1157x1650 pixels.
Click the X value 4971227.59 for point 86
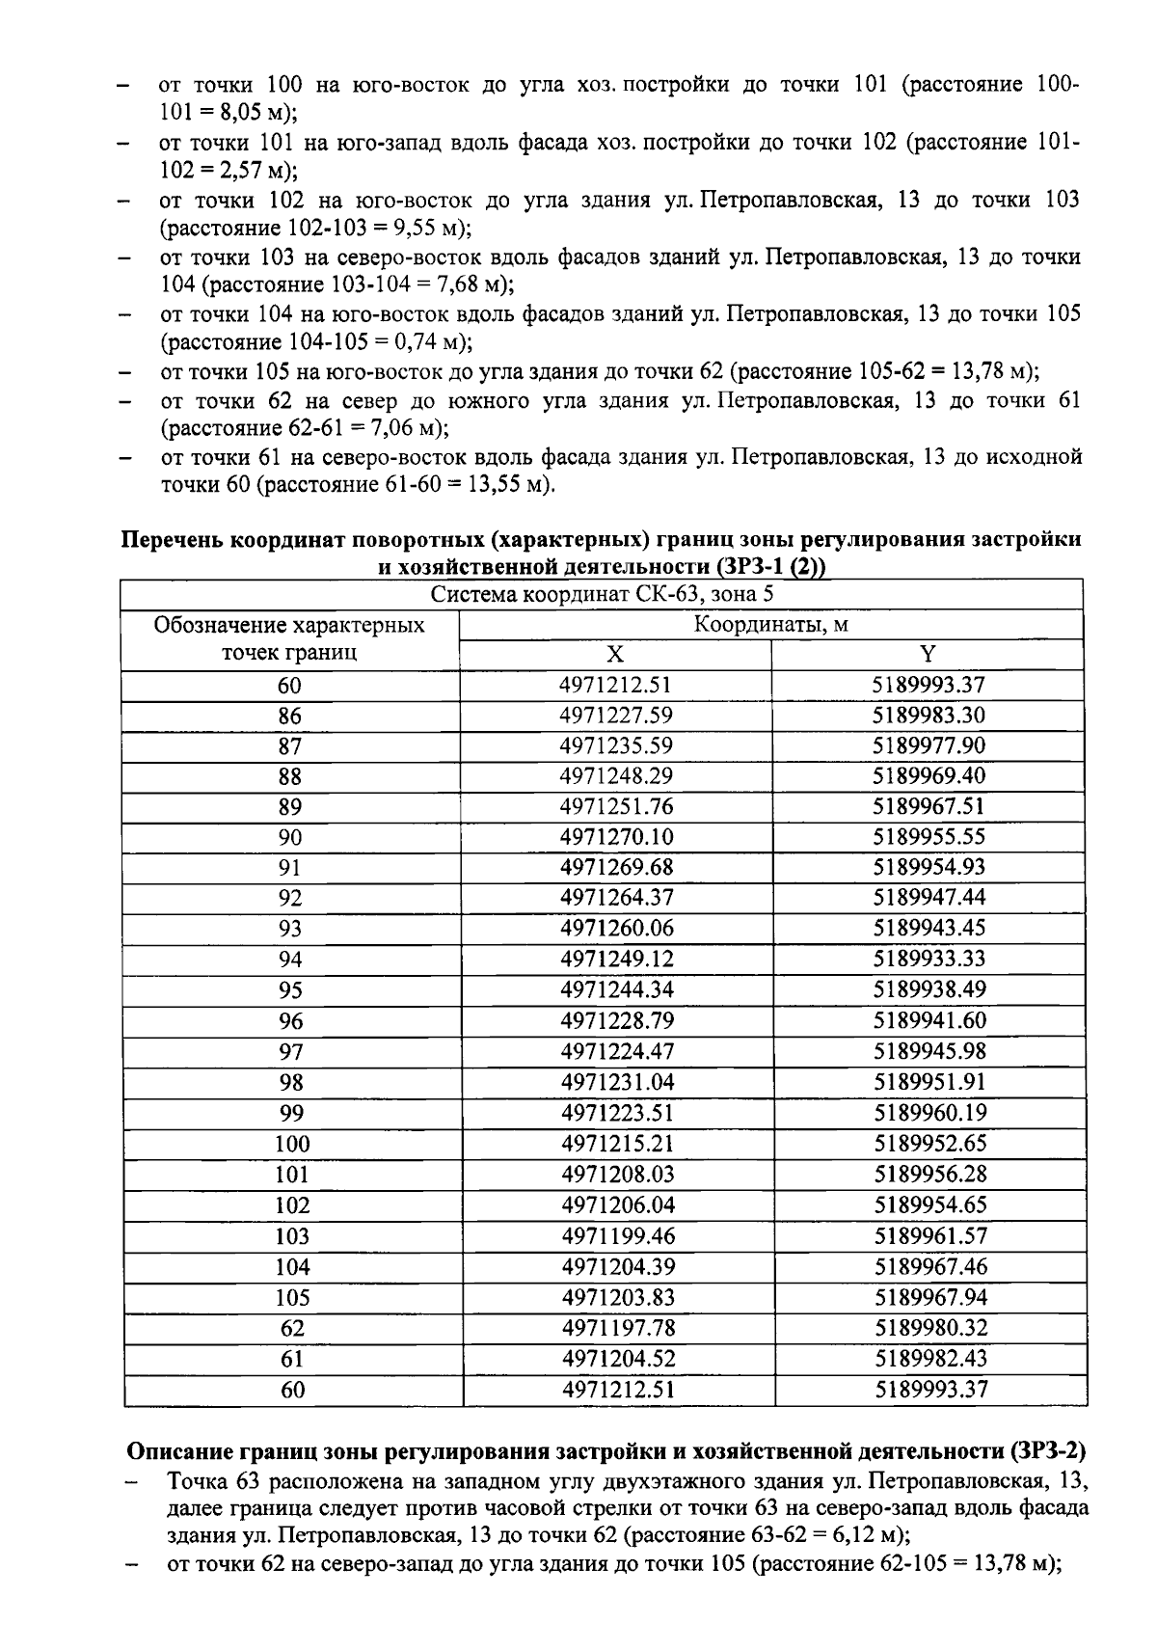click(x=616, y=716)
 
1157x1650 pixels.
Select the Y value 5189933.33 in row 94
click(x=929, y=959)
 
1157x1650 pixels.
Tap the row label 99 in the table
click(x=291, y=1113)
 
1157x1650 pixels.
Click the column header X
click(x=615, y=655)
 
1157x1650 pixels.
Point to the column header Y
click(x=928, y=655)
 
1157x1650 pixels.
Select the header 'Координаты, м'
click(x=771, y=625)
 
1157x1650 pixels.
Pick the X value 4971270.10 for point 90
click(x=616, y=837)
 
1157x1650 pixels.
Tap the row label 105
click(x=292, y=1297)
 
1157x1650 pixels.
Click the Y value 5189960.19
click(x=929, y=1113)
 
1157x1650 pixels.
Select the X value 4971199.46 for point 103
click(x=617, y=1235)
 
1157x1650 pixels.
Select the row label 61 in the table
click(x=292, y=1359)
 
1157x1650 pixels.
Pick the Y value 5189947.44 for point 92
click(x=929, y=898)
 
